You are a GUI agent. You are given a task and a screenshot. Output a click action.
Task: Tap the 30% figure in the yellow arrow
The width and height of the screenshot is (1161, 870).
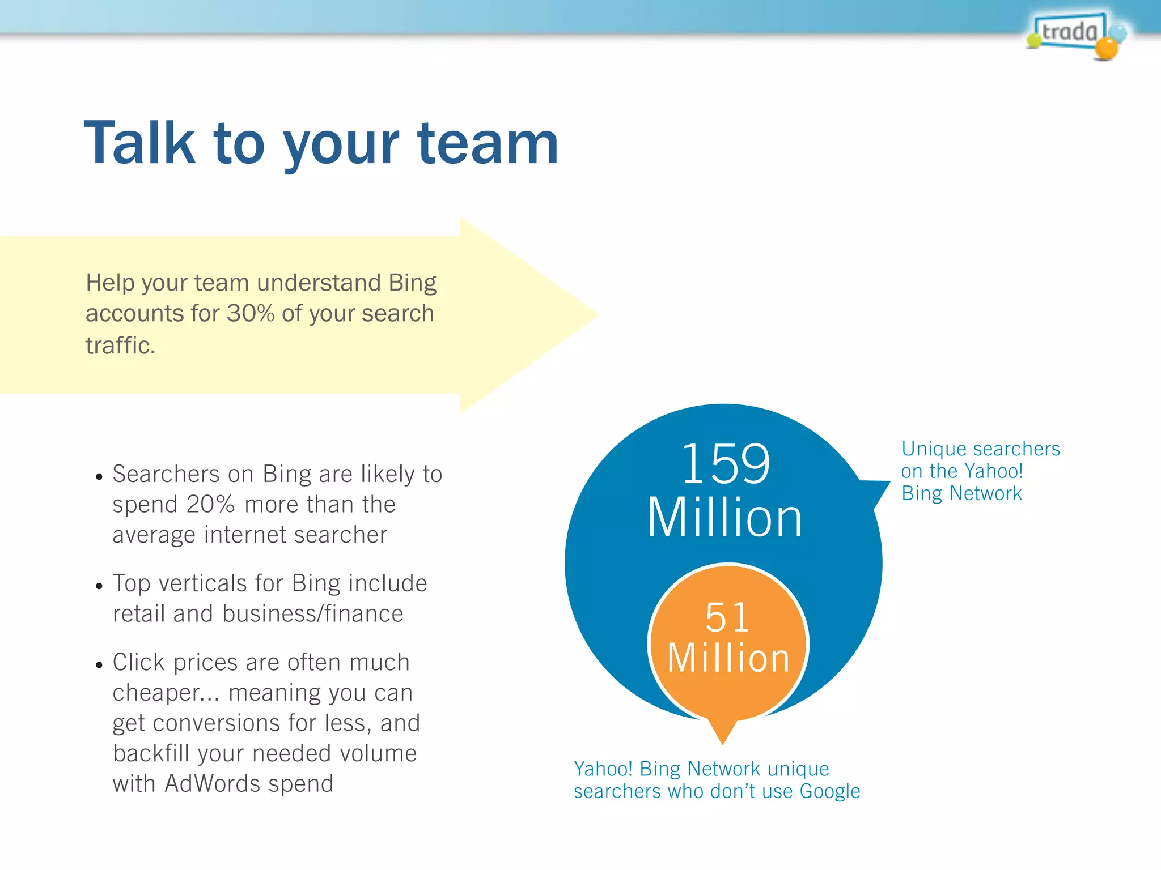[251, 314]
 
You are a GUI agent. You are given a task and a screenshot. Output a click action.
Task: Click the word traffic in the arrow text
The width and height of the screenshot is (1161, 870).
[120, 346]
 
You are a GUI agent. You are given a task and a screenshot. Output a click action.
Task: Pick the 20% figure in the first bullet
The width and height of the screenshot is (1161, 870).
[210, 504]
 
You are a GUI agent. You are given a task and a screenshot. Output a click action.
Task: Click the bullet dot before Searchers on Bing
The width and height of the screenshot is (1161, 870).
[99, 477]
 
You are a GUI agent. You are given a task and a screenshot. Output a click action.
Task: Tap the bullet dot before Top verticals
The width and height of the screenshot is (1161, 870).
[99, 586]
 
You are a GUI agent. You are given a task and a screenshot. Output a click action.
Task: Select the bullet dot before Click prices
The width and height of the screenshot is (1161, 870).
[99, 665]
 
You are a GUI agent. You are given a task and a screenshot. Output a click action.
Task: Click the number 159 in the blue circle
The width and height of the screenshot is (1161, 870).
[726, 464]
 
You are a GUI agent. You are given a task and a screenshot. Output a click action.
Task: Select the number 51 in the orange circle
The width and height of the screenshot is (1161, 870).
[727, 617]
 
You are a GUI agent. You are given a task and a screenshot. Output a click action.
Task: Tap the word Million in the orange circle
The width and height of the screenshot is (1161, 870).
[728, 658]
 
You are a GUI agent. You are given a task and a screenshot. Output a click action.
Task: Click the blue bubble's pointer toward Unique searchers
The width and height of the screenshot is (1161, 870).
[876, 490]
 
